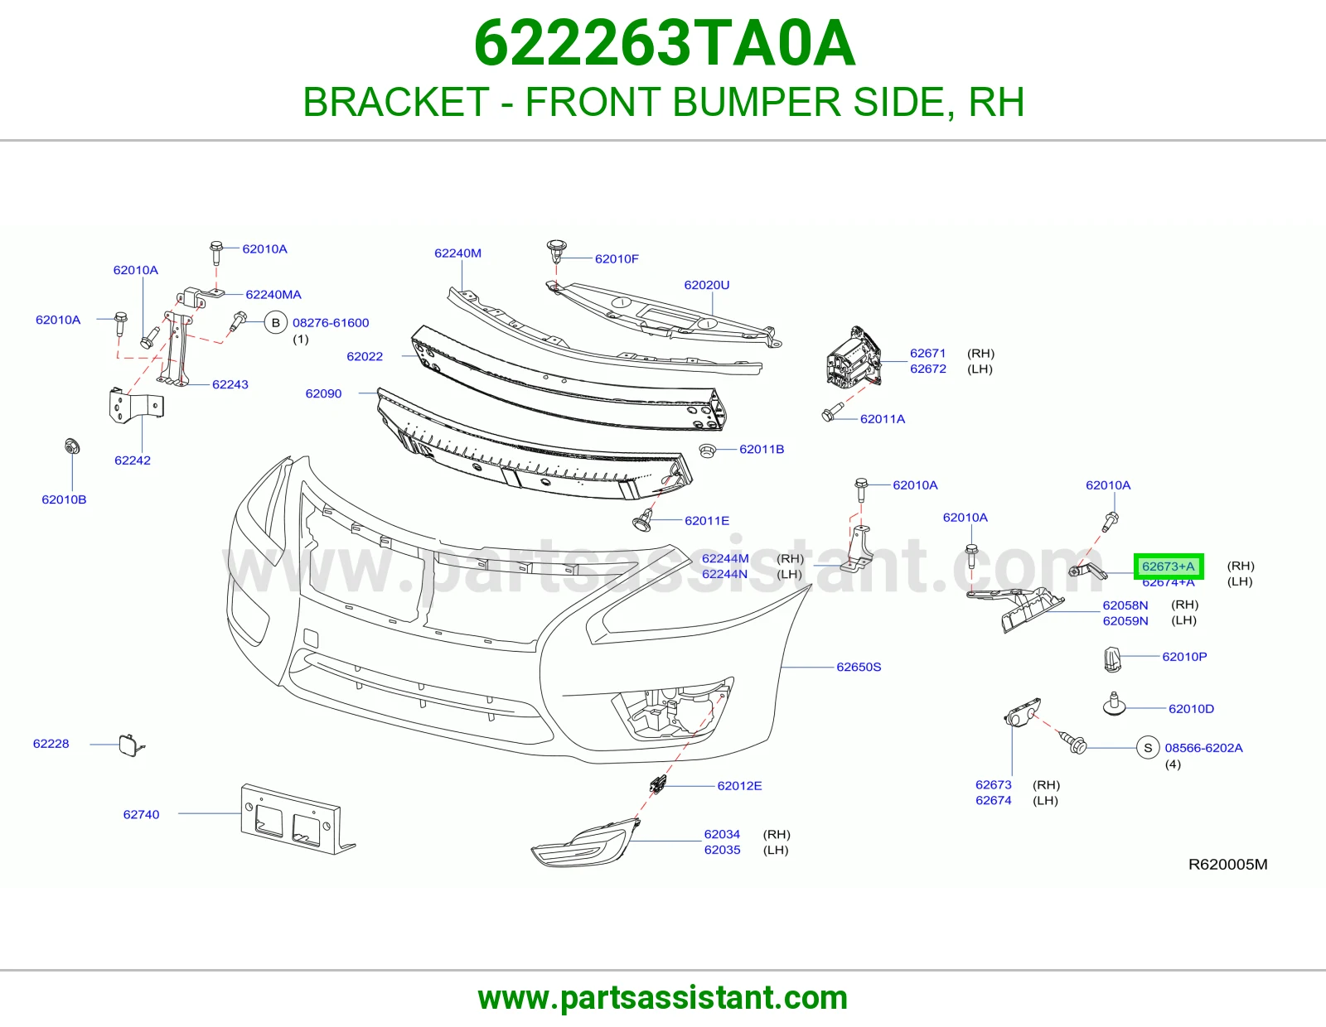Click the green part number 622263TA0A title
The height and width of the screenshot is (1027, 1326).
click(x=664, y=44)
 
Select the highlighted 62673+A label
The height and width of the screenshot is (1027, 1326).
click(x=1168, y=567)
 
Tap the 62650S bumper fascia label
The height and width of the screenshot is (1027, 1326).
click(x=859, y=667)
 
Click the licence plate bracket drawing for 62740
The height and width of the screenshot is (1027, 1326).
click(x=297, y=819)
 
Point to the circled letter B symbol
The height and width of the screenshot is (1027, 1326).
click(x=276, y=323)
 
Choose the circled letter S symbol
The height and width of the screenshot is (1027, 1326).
click(x=1148, y=748)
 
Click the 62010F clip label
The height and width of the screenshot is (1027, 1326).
click(x=617, y=258)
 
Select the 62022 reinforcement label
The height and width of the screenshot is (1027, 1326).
click(x=365, y=356)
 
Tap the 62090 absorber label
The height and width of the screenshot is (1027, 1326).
click(x=323, y=393)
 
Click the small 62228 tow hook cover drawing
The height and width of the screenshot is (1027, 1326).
click(x=131, y=745)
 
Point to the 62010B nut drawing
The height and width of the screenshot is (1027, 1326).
click(x=72, y=446)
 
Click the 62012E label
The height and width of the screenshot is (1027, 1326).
click(x=739, y=785)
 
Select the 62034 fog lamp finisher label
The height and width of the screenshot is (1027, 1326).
click(x=722, y=834)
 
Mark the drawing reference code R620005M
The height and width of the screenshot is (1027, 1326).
click(x=1227, y=864)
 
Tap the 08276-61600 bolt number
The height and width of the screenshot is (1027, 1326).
click(x=331, y=323)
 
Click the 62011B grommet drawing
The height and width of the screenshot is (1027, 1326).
click(x=707, y=451)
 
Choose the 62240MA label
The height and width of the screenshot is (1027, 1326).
click(x=273, y=295)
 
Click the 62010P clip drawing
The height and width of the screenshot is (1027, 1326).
click(x=1112, y=659)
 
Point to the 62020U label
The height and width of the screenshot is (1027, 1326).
click(x=707, y=285)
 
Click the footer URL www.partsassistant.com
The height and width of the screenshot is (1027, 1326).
click(x=663, y=998)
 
